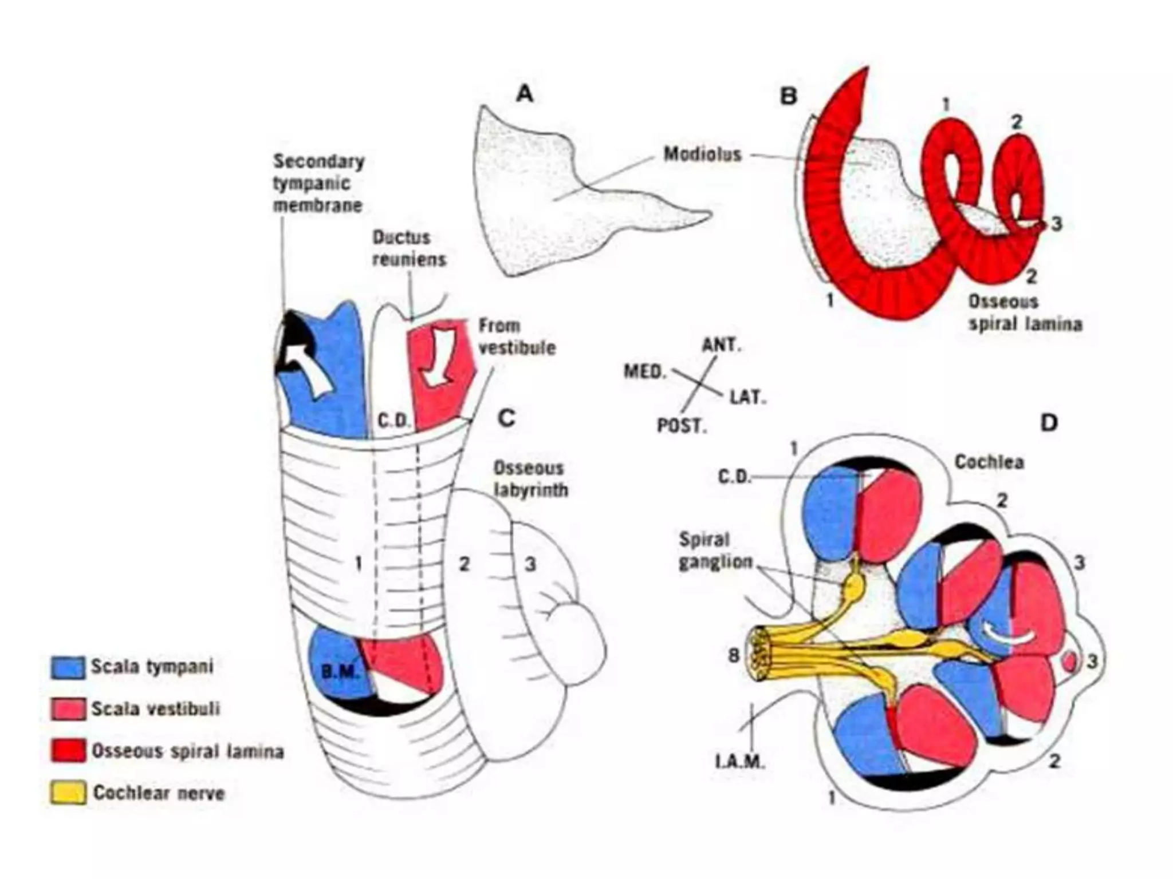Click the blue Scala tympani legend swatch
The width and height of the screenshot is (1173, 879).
[68, 667]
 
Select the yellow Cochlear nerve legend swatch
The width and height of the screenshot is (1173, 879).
[68, 793]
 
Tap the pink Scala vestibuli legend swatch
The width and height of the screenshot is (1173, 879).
[68, 709]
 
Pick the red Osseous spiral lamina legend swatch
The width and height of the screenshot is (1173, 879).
[68, 751]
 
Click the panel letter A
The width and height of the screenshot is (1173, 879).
[524, 93]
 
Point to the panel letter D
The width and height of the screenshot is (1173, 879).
[1048, 423]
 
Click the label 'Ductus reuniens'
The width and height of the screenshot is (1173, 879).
[409, 248]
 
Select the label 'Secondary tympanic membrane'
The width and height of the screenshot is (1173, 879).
[318, 183]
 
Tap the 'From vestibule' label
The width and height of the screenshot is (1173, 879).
[517, 336]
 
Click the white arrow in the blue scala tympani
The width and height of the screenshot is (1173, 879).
[309, 369]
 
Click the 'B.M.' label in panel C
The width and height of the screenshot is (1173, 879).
[340, 671]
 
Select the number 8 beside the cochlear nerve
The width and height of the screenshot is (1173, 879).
[733, 655]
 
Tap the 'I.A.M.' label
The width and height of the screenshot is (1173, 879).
[740, 762]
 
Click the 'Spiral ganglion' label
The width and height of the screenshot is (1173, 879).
[715, 551]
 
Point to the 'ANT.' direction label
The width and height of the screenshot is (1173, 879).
[721, 345]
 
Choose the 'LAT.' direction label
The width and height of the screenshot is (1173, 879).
[747, 397]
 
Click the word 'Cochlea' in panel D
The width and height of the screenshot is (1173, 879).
[989, 462]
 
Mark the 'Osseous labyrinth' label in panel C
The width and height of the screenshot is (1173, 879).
[530, 479]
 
